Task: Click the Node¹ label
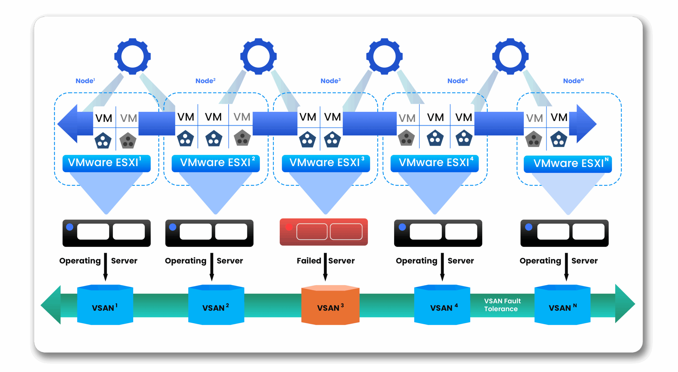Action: (x=85, y=81)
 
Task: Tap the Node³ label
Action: (x=330, y=81)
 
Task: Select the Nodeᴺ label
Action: (x=573, y=81)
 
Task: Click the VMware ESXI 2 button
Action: (x=216, y=163)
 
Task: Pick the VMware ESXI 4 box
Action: (x=434, y=163)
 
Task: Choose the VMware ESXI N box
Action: (x=568, y=164)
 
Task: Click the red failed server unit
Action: (x=324, y=232)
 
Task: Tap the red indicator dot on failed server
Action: (x=289, y=227)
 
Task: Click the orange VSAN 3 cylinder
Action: (x=330, y=305)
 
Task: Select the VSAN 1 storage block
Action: (x=105, y=305)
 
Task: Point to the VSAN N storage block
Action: (x=562, y=305)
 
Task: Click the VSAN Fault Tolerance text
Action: (x=502, y=305)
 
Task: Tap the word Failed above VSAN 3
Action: (x=309, y=261)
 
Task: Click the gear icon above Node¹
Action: (x=132, y=56)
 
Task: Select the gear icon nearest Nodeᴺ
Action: (x=510, y=56)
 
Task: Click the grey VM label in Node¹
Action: (x=128, y=118)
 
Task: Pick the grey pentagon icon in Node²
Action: (x=242, y=138)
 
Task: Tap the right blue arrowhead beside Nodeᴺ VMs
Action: (x=586, y=123)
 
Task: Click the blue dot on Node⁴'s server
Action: (x=402, y=227)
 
